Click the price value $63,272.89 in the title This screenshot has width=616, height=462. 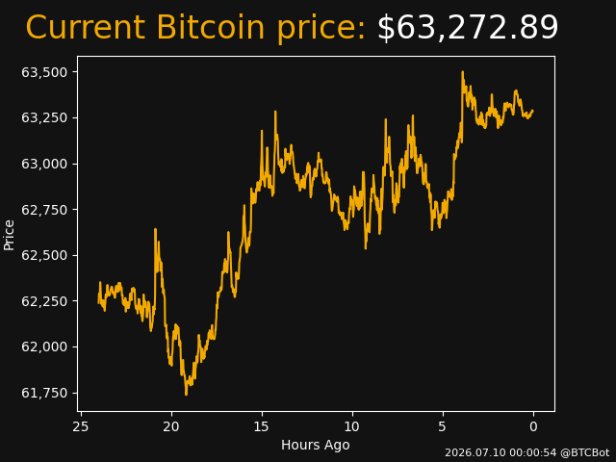[x=468, y=28]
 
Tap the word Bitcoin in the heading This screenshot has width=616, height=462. [x=211, y=27]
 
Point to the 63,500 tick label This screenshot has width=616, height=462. [x=44, y=72]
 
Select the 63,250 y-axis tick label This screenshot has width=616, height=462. [x=44, y=117]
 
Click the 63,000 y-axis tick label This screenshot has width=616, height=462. [x=44, y=164]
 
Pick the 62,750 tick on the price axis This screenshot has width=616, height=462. [x=44, y=210]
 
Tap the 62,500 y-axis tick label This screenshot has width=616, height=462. [x=44, y=255]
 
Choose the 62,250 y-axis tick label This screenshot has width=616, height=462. [x=44, y=301]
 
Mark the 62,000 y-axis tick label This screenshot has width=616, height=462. [x=44, y=346]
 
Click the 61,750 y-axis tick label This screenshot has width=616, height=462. [x=44, y=393]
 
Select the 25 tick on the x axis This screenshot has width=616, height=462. [x=81, y=426]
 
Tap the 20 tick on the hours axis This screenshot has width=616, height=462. [x=171, y=426]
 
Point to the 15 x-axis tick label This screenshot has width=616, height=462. [x=262, y=426]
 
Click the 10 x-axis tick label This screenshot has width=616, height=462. [x=352, y=426]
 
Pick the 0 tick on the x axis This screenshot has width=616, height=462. [x=533, y=426]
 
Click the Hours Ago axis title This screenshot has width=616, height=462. [x=316, y=445]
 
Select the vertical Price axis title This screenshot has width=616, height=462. [x=9, y=235]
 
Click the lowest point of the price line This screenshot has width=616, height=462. [x=186, y=395]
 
